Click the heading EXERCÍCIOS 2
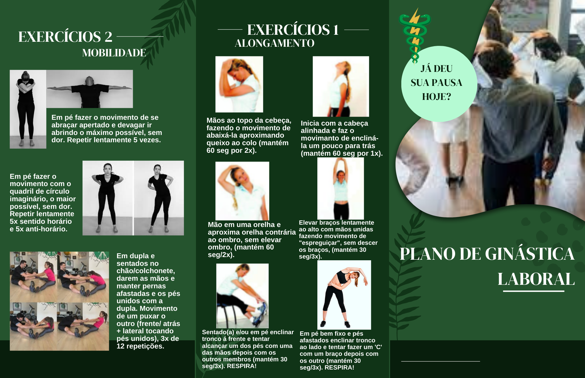coord(65,37)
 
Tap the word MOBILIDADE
coord(114,53)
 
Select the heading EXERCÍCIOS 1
coord(293,30)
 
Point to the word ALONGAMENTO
coord(274,43)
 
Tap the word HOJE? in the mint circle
coord(436,97)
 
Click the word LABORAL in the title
coord(536,279)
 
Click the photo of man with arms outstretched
coord(90,89)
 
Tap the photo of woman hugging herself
coord(28,109)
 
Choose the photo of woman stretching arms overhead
coord(340,188)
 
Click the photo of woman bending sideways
coord(344,295)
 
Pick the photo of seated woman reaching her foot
coord(242,296)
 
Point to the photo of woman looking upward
coord(341,86)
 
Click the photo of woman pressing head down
coord(239,84)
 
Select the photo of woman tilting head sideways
coord(242,191)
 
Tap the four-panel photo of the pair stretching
coord(59,301)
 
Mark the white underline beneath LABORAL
coord(534,291)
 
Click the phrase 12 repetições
coord(140,346)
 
